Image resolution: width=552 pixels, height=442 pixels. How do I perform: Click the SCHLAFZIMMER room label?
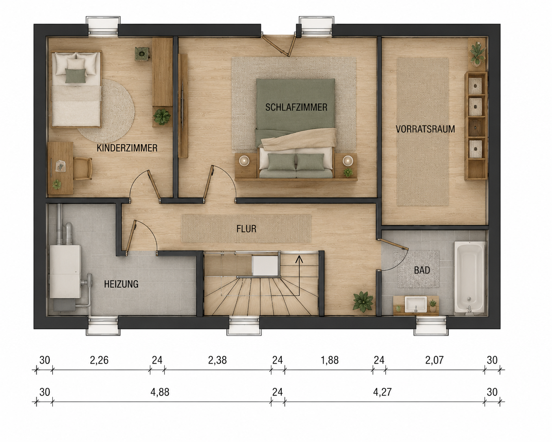[296, 107]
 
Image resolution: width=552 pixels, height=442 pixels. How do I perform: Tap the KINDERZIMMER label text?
[127, 148]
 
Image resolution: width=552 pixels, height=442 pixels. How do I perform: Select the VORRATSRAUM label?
[425, 129]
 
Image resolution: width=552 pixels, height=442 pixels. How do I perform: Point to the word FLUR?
[246, 229]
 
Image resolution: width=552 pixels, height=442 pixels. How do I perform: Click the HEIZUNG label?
[121, 284]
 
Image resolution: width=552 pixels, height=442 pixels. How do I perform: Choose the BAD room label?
[422, 270]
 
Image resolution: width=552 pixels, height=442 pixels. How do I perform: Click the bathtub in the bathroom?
[470, 278]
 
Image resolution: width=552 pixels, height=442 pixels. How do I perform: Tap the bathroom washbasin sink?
[416, 305]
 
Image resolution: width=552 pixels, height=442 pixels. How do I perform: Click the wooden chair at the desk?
[83, 169]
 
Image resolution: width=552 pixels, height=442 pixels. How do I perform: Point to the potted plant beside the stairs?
[363, 301]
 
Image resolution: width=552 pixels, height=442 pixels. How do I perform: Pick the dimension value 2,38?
[217, 360]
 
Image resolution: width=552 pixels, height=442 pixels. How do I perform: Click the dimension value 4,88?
[160, 392]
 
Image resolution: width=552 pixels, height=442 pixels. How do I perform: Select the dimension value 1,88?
[330, 360]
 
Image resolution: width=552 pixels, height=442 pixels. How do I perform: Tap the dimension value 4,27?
[382, 392]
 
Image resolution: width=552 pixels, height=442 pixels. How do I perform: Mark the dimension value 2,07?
[434, 360]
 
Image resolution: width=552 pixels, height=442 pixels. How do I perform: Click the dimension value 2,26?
[99, 360]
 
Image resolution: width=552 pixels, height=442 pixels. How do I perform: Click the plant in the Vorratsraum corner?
[477, 54]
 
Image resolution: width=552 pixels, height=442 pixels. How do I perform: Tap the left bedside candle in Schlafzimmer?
[244, 161]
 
